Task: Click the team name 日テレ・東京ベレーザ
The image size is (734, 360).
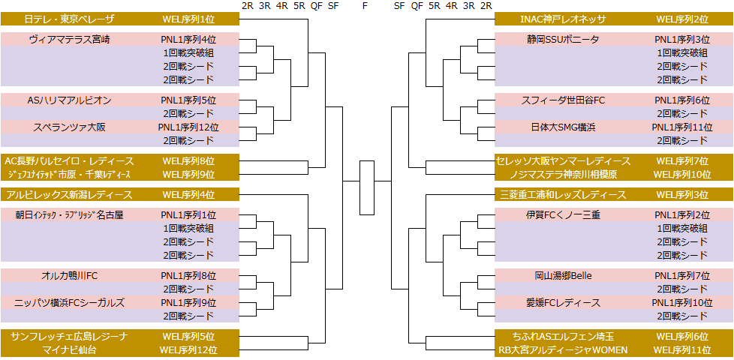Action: [x=70, y=19]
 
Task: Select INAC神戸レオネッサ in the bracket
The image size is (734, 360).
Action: [x=563, y=19]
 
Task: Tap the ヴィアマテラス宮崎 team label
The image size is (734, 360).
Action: [x=70, y=39]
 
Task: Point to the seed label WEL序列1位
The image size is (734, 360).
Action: [x=188, y=19]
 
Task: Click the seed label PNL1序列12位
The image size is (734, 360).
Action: [x=188, y=127]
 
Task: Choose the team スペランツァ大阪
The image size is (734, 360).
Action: [x=70, y=127]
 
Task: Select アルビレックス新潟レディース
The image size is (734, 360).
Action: [x=70, y=195]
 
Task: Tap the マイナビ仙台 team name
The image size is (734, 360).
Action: [x=70, y=349]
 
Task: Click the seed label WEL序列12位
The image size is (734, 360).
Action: [x=188, y=349]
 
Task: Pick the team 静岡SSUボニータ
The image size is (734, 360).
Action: [x=563, y=39]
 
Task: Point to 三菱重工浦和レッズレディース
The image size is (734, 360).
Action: [x=563, y=195]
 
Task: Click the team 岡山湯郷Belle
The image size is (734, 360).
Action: [x=563, y=275]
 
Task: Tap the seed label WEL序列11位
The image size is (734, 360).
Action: [x=681, y=349]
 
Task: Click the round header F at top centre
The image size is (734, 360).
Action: [x=365, y=6]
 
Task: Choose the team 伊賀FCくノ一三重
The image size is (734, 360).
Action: [x=563, y=214]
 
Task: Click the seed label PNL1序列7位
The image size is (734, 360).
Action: [x=681, y=275]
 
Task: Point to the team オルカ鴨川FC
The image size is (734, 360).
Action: [x=70, y=275]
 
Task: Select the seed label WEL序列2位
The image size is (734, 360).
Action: [x=681, y=19]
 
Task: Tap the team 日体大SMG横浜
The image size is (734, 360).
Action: [x=563, y=127]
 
